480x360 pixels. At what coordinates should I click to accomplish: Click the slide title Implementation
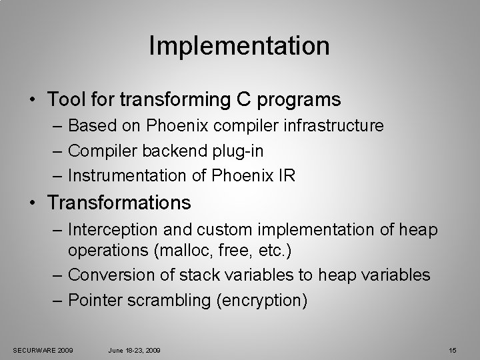(x=239, y=46)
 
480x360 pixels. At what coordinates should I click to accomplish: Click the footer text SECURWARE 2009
(x=43, y=350)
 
